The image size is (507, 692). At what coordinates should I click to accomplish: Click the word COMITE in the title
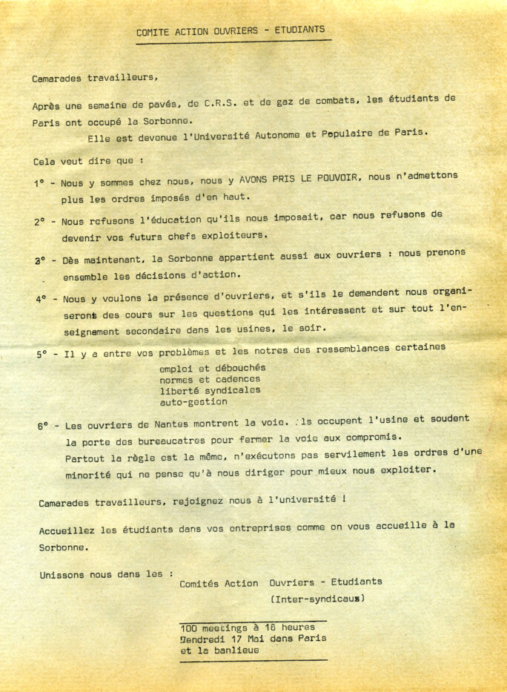click(153, 32)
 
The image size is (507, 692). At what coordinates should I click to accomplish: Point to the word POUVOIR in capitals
click(332, 179)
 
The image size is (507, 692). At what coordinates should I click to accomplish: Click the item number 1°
click(40, 183)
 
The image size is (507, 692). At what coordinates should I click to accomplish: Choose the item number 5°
click(43, 355)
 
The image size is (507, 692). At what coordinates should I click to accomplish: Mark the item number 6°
click(44, 426)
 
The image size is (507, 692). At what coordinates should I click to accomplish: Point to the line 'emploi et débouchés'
click(212, 368)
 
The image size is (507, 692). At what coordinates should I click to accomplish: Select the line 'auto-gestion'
click(193, 402)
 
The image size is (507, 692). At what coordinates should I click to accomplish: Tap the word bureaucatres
click(168, 440)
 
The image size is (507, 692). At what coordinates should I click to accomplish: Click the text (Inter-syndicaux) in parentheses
click(317, 598)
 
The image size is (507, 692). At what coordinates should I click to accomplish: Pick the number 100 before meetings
click(189, 627)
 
